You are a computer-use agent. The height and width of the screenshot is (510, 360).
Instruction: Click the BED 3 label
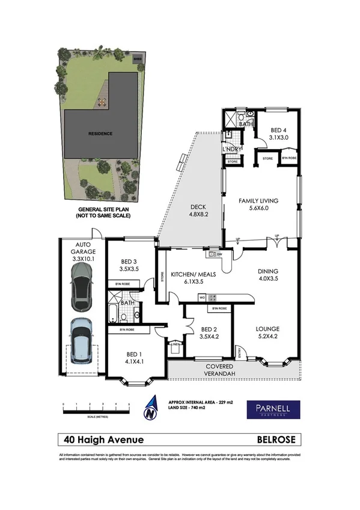click(130, 265)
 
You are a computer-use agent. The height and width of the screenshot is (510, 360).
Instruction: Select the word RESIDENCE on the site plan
click(100, 134)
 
